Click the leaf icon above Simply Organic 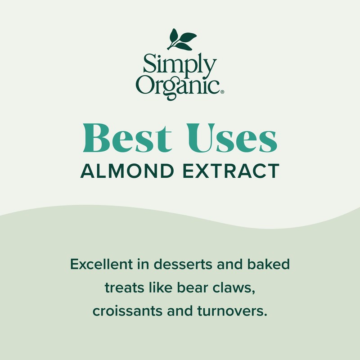coord(181,39)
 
